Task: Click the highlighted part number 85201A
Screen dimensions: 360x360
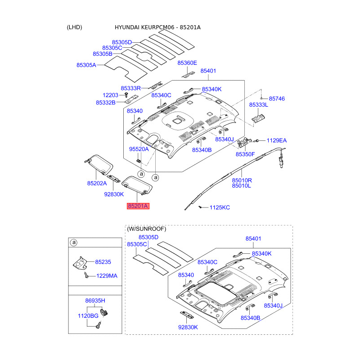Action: (x=138, y=206)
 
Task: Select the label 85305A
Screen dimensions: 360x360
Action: (x=86, y=65)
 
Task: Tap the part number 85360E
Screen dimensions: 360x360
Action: (x=187, y=63)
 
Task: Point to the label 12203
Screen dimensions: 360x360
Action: (x=110, y=95)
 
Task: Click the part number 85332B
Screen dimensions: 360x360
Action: (x=105, y=103)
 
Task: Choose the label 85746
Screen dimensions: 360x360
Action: (x=277, y=98)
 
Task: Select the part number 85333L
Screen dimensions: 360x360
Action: (x=258, y=104)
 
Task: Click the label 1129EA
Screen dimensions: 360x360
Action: (x=276, y=140)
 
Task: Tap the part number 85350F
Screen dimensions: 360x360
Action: (x=245, y=154)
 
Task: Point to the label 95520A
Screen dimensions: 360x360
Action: (x=139, y=148)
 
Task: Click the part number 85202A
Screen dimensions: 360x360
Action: (x=97, y=183)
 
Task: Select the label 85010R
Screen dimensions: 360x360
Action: (x=242, y=180)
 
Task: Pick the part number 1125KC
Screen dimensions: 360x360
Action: (x=220, y=207)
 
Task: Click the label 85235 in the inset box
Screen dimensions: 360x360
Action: (x=103, y=261)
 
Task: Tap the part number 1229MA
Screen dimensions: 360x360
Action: (x=106, y=275)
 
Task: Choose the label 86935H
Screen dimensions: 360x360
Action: (x=95, y=300)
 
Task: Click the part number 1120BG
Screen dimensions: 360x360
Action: (x=88, y=316)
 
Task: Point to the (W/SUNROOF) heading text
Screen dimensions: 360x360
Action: (x=146, y=229)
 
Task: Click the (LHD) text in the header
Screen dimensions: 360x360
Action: (x=74, y=27)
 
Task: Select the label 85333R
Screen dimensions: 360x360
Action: (x=130, y=88)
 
